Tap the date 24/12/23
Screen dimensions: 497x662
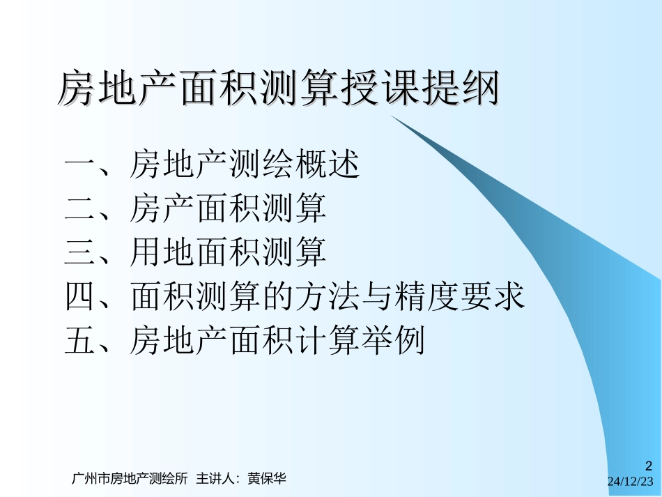coord(631,482)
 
